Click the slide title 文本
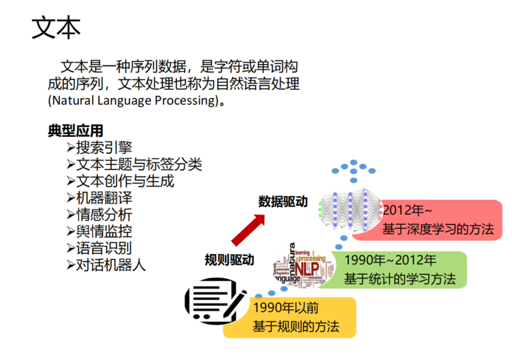(56, 28)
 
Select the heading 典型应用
(75, 130)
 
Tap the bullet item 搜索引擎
(104, 147)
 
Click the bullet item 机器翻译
(104, 198)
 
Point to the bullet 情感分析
(104, 214)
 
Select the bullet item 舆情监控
(104, 231)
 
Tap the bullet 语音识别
(104, 248)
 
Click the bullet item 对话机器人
(111, 264)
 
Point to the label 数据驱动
(283, 202)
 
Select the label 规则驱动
(229, 260)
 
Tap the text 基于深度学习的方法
(437, 229)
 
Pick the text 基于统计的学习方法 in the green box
(400, 278)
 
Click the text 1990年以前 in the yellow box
(285, 307)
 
